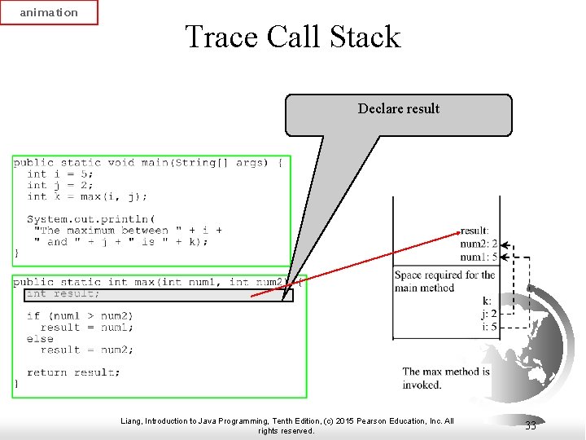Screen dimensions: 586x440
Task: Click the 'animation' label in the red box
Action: [49, 12]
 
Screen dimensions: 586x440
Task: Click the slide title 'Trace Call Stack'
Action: [293, 37]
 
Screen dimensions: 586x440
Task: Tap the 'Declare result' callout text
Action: [399, 109]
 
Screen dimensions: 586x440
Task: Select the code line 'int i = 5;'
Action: [60, 174]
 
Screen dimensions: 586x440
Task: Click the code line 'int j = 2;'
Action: [60, 185]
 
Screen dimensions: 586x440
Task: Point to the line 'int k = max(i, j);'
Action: [87, 196]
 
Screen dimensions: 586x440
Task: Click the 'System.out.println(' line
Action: [90, 219]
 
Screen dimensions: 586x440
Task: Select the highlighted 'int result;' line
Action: [63, 294]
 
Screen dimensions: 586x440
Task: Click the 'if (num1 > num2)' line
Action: [80, 316]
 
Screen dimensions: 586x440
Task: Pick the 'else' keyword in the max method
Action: [40, 339]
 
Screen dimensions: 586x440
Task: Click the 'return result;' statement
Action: [73, 372]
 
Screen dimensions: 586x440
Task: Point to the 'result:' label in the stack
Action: [474, 231]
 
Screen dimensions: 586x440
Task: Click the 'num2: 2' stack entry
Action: [479, 244]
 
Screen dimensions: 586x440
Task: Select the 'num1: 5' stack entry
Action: [479, 257]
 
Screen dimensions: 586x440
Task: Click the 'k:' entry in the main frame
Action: [487, 301]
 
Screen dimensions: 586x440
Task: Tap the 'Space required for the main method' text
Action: [444, 281]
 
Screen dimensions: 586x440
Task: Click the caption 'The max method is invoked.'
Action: [446, 378]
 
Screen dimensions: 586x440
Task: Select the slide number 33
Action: [531, 425]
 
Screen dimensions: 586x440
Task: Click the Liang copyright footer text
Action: [286, 425]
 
